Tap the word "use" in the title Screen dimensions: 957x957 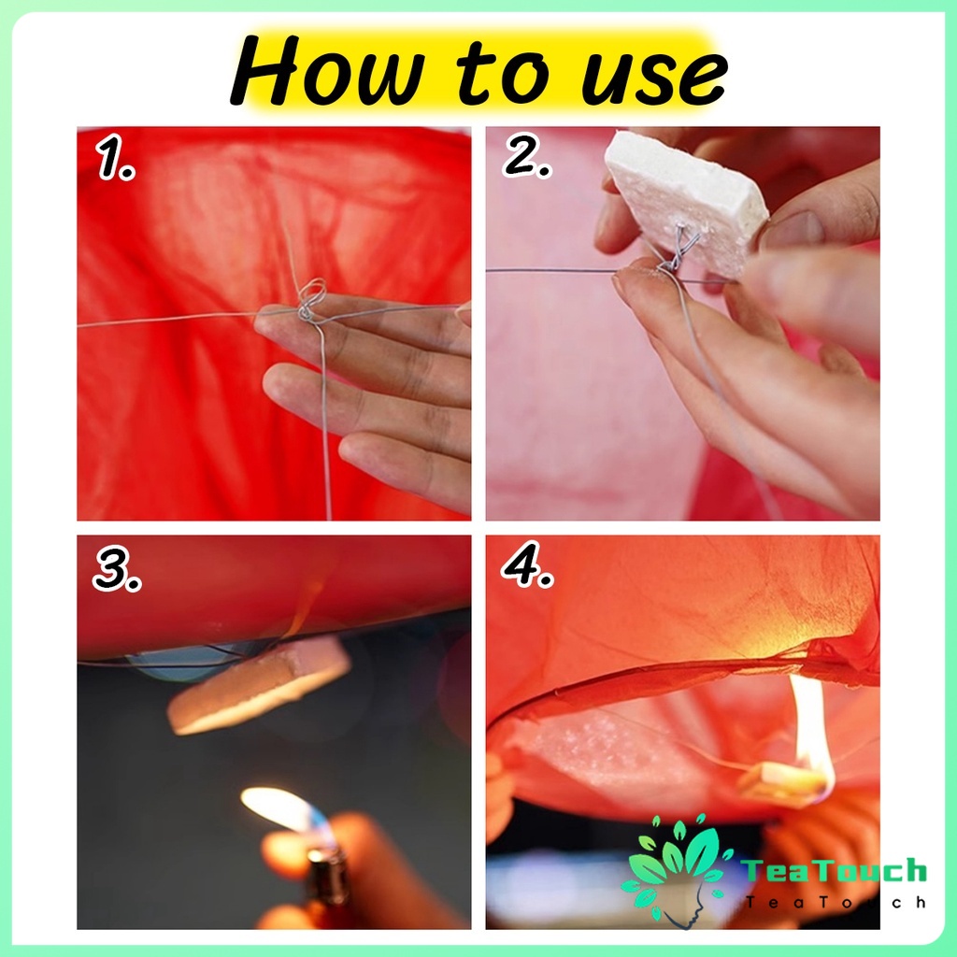(653, 76)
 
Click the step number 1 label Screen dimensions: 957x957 (115, 157)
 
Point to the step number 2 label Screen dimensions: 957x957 (527, 155)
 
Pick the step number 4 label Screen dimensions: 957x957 (527, 564)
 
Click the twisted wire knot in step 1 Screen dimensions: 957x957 (310, 300)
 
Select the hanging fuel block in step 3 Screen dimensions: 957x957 (259, 683)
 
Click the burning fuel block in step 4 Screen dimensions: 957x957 (781, 781)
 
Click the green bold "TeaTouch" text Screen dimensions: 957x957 (834, 870)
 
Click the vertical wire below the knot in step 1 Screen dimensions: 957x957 (324, 421)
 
